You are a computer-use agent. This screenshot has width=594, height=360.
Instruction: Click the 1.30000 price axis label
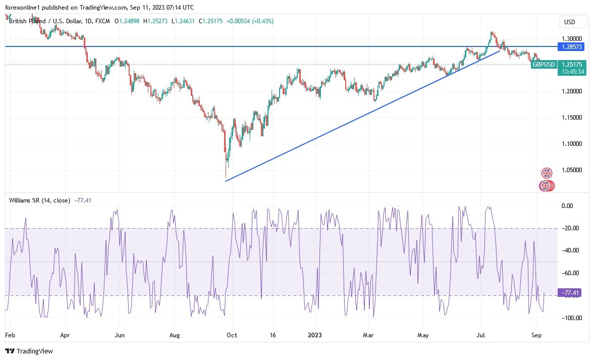[x=572, y=38]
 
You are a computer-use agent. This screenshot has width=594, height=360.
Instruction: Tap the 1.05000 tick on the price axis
[x=572, y=171]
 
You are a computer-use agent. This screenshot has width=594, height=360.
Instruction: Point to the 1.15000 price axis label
[x=572, y=118]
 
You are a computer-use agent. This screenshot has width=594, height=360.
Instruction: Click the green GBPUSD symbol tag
[x=544, y=65]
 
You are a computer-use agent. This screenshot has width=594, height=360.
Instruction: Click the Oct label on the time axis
[x=232, y=334]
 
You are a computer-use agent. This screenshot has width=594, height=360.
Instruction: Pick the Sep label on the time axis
[x=536, y=334]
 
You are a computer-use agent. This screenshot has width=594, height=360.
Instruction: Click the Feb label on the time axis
[x=10, y=334]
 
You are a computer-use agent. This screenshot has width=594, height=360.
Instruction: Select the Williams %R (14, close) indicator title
[x=39, y=200]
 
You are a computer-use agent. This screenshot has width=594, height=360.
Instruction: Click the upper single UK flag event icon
[x=547, y=173]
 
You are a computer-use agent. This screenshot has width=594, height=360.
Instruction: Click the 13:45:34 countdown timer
[x=571, y=72]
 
